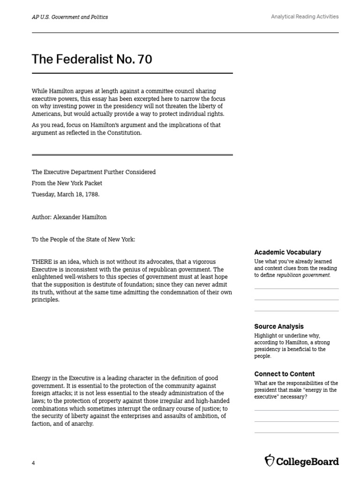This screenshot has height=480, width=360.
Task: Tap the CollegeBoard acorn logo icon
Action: pos(270,461)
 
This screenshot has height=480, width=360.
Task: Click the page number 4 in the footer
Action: pos(33,463)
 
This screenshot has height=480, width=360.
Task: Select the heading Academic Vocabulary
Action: pos(287,252)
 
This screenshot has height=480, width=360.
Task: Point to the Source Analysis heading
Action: pos(278,326)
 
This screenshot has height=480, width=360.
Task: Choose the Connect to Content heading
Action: pos(284,374)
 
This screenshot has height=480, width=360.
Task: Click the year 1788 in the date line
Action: pos(90,194)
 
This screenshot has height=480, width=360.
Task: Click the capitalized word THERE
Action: pos(42,262)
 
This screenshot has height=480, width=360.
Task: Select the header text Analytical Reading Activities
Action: pos(305,17)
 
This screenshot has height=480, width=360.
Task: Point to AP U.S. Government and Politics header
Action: pos(69,17)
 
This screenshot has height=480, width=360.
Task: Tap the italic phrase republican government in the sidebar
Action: pos(303,276)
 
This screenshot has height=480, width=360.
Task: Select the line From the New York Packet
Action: pos(67,183)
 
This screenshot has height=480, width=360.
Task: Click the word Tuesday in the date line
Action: pos(43,194)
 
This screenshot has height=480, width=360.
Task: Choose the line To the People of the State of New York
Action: pos(83,240)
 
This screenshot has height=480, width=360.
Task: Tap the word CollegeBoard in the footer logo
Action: pos(307,461)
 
